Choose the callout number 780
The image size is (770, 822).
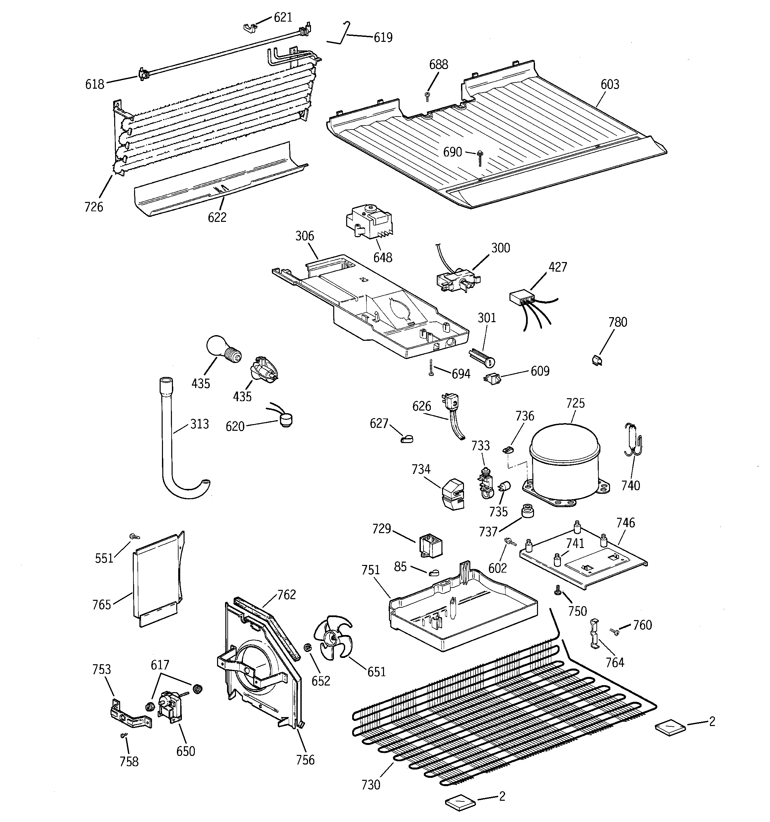(617, 322)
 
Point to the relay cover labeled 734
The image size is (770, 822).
(453, 495)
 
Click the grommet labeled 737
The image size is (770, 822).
(527, 511)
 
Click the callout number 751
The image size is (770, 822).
(370, 570)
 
